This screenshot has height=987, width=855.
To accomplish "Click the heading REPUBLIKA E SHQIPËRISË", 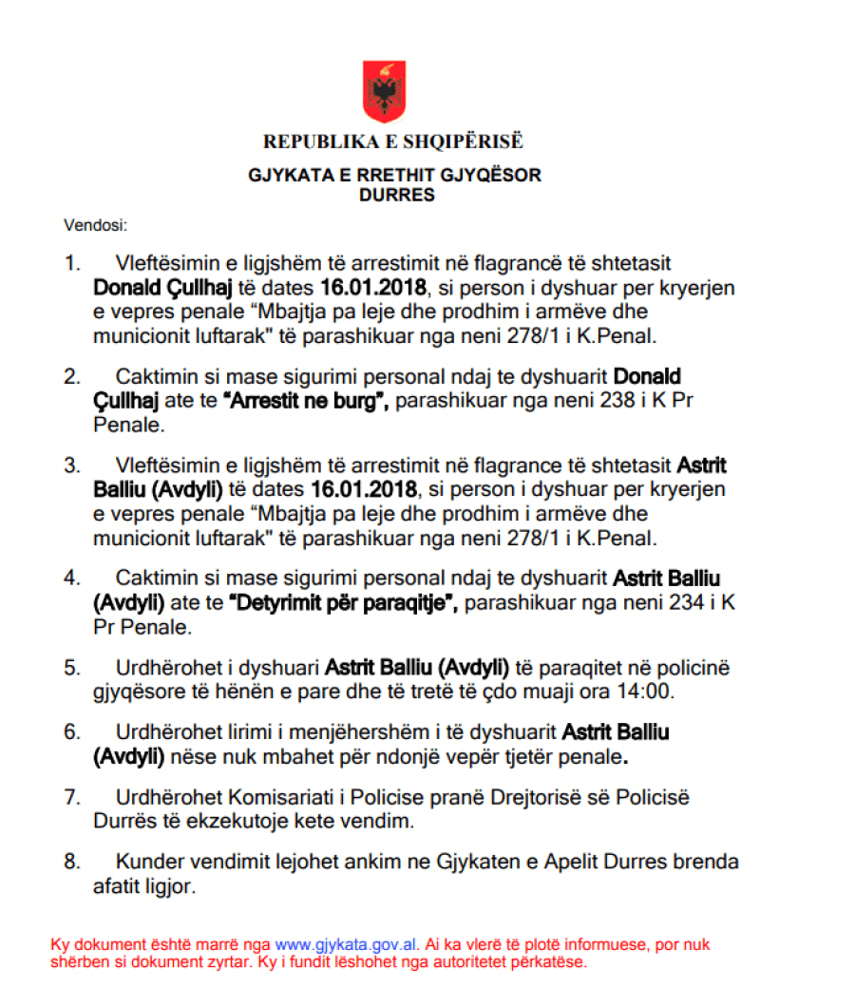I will point(393,142).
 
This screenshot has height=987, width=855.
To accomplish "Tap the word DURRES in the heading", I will point(397,196).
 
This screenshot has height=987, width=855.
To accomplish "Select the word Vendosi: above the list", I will point(95,226).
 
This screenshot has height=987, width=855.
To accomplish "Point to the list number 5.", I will point(71,667).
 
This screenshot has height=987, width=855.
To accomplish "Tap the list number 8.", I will point(71,863).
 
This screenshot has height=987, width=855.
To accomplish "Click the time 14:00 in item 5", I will point(650,691).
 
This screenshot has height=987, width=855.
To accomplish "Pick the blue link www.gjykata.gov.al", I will point(346,945).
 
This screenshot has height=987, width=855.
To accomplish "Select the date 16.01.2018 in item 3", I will point(363,490).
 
